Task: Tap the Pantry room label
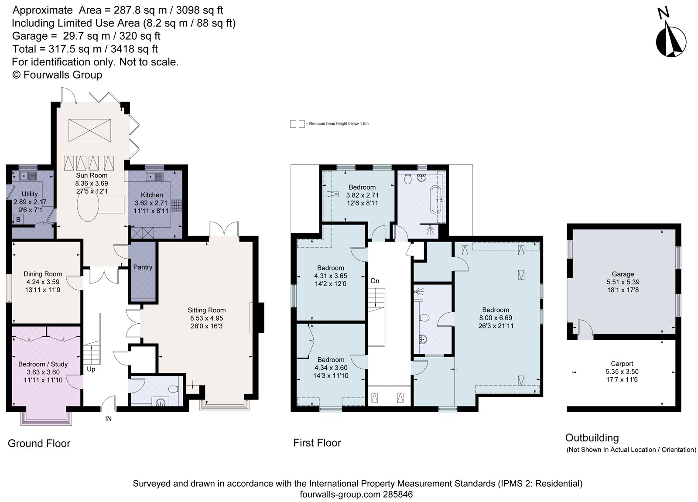click(143, 267)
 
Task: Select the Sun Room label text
click(92, 175)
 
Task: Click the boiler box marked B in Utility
click(18, 220)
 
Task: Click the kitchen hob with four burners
click(177, 205)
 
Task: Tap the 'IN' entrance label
click(108, 419)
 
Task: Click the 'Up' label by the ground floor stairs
click(91, 369)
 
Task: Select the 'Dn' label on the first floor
click(375, 281)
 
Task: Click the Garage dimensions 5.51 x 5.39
click(623, 282)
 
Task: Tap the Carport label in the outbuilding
click(622, 363)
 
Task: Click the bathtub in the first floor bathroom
click(436, 200)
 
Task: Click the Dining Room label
click(43, 274)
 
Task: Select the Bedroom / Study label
click(43, 364)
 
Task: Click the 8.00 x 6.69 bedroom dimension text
click(496, 318)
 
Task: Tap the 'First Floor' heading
click(317, 443)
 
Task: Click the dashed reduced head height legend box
click(298, 124)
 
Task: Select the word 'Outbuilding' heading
click(592, 437)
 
